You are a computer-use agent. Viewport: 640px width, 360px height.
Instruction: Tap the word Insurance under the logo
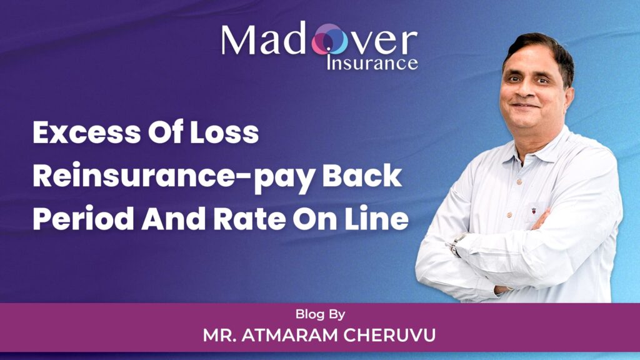click(372, 62)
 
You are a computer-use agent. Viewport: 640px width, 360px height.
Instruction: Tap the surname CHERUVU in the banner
click(392, 335)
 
